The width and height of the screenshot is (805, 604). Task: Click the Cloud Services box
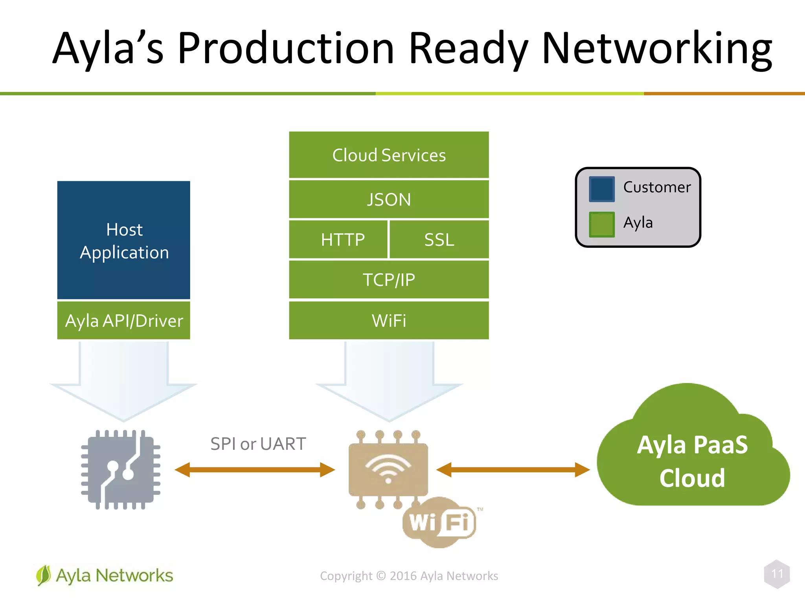(389, 155)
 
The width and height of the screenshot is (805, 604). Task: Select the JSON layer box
(389, 199)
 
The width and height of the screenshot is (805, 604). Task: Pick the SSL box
(439, 239)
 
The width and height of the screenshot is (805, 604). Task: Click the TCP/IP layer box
(389, 280)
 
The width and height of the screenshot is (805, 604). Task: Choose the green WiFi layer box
(389, 320)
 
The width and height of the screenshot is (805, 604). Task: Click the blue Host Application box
(124, 240)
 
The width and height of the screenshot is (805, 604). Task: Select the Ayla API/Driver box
(124, 320)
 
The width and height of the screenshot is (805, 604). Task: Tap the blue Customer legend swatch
(601, 189)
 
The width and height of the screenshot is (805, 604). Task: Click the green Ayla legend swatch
(601, 224)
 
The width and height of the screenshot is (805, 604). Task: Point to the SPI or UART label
(258, 444)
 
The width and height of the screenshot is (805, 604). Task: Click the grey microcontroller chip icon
(121, 470)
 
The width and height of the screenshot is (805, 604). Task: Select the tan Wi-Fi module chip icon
(388, 469)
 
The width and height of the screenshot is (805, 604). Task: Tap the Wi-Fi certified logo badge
(439, 522)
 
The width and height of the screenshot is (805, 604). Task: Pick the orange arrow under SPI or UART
(255, 470)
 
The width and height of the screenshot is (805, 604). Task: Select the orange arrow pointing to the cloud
(513, 470)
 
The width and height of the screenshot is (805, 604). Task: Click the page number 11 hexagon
(777, 574)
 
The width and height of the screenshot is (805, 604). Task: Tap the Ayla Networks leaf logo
(44, 575)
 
